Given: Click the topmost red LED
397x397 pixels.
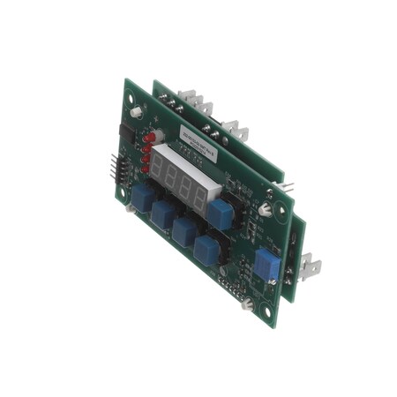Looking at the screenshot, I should (x=151, y=137).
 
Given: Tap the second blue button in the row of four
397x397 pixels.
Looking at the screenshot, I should (x=162, y=213).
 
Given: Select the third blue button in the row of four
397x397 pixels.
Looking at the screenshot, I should (x=184, y=229).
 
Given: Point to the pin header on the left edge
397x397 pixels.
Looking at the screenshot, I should (x=118, y=166).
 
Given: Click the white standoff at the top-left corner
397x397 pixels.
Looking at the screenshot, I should (x=137, y=113).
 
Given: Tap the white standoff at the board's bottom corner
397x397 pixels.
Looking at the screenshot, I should (x=248, y=303).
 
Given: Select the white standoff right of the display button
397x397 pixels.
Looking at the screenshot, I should (x=265, y=209).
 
